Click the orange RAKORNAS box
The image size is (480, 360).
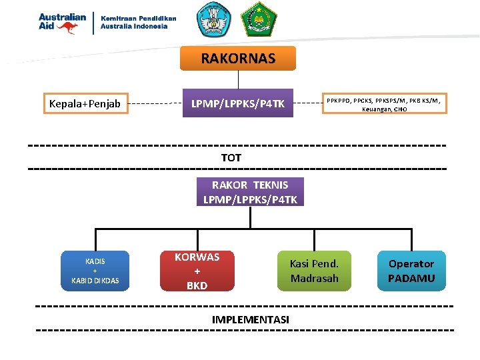click(238, 59)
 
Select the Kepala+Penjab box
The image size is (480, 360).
click(85, 103)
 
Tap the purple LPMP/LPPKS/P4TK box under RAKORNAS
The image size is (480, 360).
click(238, 103)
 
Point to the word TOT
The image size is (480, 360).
click(231, 158)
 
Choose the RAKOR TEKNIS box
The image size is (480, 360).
click(250, 192)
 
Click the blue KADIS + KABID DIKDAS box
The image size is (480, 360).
click(95, 271)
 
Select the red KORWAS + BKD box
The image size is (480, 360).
click(197, 271)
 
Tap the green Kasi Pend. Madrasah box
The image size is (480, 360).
click(314, 271)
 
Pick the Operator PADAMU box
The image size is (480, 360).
click(411, 271)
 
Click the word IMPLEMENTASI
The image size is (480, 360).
click(251, 320)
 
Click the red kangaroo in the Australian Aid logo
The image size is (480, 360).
click(67, 27)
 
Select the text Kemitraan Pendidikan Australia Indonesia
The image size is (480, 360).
click(139, 23)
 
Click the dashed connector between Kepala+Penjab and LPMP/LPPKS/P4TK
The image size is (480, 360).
click(156, 104)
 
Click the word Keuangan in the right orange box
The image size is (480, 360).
click(376, 109)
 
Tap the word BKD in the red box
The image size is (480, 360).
click(197, 285)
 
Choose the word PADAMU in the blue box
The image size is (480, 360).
click(411, 278)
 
